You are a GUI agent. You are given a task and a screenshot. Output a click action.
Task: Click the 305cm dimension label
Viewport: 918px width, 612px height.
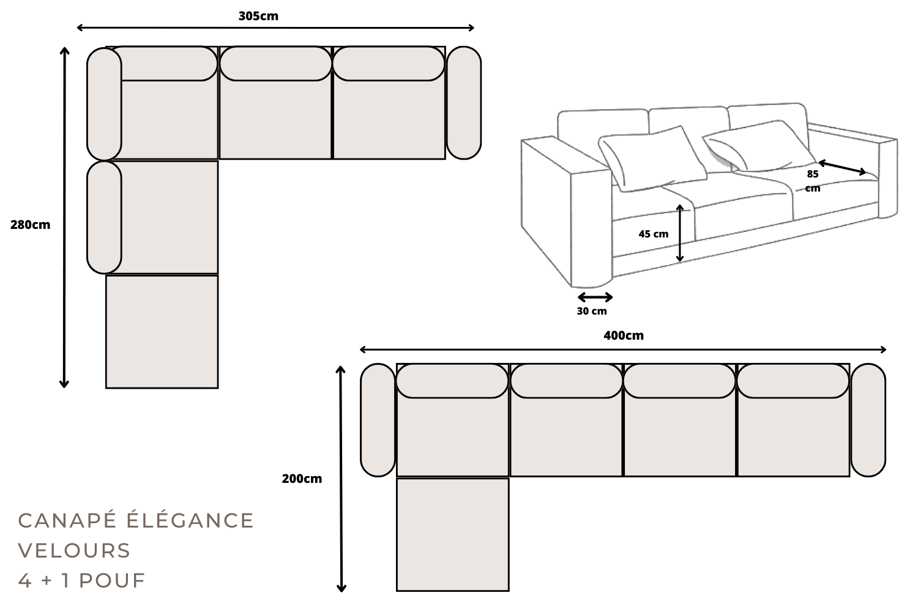click(x=258, y=17)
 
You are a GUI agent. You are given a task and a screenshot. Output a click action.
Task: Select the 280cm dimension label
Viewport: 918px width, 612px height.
click(x=30, y=225)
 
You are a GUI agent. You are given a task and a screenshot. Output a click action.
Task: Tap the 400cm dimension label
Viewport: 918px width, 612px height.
click(x=623, y=335)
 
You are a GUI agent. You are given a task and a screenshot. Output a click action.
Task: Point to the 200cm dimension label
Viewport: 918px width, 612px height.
click(x=302, y=479)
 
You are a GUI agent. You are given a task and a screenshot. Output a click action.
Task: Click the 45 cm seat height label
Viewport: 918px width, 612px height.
click(x=653, y=234)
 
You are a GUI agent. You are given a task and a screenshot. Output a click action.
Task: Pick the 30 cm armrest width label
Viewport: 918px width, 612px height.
click(x=592, y=311)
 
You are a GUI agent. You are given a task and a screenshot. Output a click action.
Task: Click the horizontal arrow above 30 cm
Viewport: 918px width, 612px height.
click(x=595, y=297)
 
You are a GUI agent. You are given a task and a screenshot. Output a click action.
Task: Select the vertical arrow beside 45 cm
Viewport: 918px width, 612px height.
click(x=680, y=233)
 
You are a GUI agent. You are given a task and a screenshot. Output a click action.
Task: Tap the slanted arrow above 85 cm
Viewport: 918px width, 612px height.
click(x=842, y=167)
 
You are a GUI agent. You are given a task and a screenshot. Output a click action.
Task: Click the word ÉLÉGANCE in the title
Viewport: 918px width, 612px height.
click(x=190, y=520)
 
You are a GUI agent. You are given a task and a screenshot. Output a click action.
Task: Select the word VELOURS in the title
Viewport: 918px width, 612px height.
click(x=74, y=550)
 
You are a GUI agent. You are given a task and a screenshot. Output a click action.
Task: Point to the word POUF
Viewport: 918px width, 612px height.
click(x=112, y=580)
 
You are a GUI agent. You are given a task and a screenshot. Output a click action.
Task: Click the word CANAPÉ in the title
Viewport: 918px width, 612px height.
click(x=67, y=520)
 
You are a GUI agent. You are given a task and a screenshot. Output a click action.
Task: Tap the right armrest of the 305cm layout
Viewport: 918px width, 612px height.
click(x=463, y=103)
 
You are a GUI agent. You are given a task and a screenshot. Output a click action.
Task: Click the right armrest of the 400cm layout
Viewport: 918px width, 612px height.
click(x=868, y=420)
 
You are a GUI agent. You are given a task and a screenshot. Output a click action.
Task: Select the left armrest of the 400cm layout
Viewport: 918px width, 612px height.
click(x=378, y=420)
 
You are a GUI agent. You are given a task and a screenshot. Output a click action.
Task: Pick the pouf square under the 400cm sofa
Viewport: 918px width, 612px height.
click(x=452, y=534)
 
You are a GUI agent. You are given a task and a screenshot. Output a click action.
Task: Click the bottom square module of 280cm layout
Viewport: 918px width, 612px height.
click(x=162, y=331)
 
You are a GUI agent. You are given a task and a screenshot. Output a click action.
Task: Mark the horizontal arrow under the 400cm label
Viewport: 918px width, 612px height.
click(x=623, y=349)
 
